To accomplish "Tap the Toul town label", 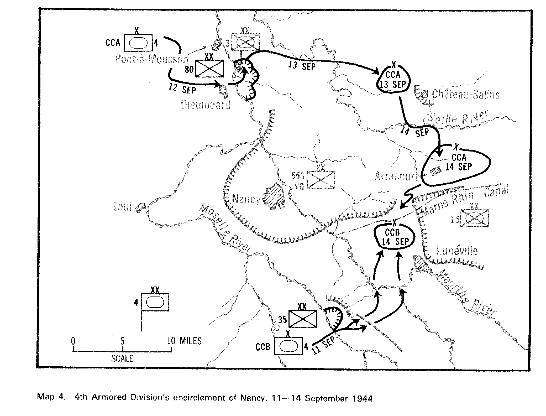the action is pyautogui.click(x=122, y=207).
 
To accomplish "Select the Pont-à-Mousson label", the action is pyautogui.click(x=152, y=59).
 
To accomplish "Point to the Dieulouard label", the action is pyautogui.click(x=206, y=105).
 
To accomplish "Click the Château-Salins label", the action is pyautogui.click(x=465, y=94).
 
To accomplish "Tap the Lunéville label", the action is pyautogui.click(x=457, y=251).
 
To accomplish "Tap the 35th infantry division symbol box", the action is pyautogui.click(x=303, y=319).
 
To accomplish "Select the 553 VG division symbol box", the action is pyautogui.click(x=321, y=180).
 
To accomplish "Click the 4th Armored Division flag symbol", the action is pyautogui.click(x=155, y=302).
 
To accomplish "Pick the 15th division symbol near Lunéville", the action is pyautogui.click(x=475, y=218).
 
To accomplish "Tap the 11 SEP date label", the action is pyautogui.click(x=323, y=346).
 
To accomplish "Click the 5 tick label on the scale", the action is pyautogui.click(x=122, y=341).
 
